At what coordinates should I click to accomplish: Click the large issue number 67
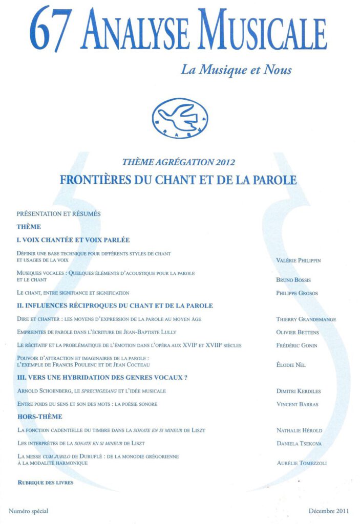pyautogui.click(x=48, y=29)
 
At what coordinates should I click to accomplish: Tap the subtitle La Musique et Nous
pyautogui.click(x=236, y=69)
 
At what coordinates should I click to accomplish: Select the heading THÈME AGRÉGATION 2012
pyautogui.click(x=179, y=163)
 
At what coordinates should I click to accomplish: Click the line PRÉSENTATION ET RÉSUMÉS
pyautogui.click(x=58, y=213)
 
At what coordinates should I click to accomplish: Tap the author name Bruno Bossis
pyautogui.click(x=294, y=280)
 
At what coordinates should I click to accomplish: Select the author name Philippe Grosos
pyautogui.click(x=297, y=293)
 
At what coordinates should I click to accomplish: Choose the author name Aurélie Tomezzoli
pyautogui.click(x=301, y=463)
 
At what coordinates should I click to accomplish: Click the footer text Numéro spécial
pyautogui.click(x=29, y=511)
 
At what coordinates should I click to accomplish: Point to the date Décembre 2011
pyautogui.click(x=329, y=511)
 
